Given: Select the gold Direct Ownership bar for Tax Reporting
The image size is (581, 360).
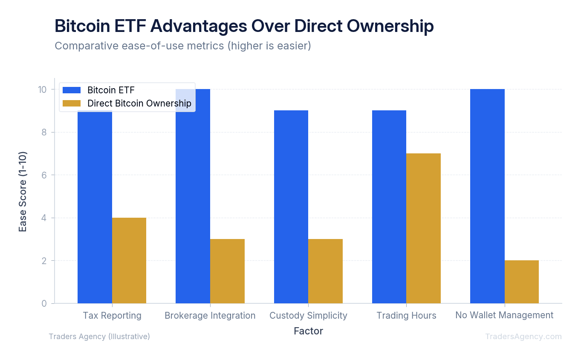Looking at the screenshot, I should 129,260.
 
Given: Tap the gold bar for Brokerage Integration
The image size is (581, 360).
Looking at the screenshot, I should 227,271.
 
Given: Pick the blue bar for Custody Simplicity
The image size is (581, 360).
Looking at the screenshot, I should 291,207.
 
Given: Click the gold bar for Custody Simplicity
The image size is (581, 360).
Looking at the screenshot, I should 325,271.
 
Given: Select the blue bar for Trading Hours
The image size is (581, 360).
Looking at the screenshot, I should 389,207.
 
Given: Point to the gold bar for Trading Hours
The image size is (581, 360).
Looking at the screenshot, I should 423,228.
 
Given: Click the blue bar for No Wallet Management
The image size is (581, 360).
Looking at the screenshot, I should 487,196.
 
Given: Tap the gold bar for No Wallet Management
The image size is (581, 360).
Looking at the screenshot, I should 521,282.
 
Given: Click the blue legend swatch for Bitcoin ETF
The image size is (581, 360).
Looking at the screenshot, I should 72,90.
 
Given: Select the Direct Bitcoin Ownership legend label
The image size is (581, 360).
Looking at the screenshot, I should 139,104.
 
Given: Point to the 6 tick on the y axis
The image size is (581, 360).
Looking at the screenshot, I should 44,175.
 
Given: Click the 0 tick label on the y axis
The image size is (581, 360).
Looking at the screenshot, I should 44,303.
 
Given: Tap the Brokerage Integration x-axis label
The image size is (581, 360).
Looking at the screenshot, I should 210,315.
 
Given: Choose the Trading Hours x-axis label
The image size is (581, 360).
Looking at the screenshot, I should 406,315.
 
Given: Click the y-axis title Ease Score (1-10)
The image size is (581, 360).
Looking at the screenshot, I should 23,192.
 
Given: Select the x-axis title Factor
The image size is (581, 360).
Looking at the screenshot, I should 308,331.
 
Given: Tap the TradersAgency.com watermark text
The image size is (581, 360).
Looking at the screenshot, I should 523,337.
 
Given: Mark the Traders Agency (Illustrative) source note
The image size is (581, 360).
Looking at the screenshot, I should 99,337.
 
